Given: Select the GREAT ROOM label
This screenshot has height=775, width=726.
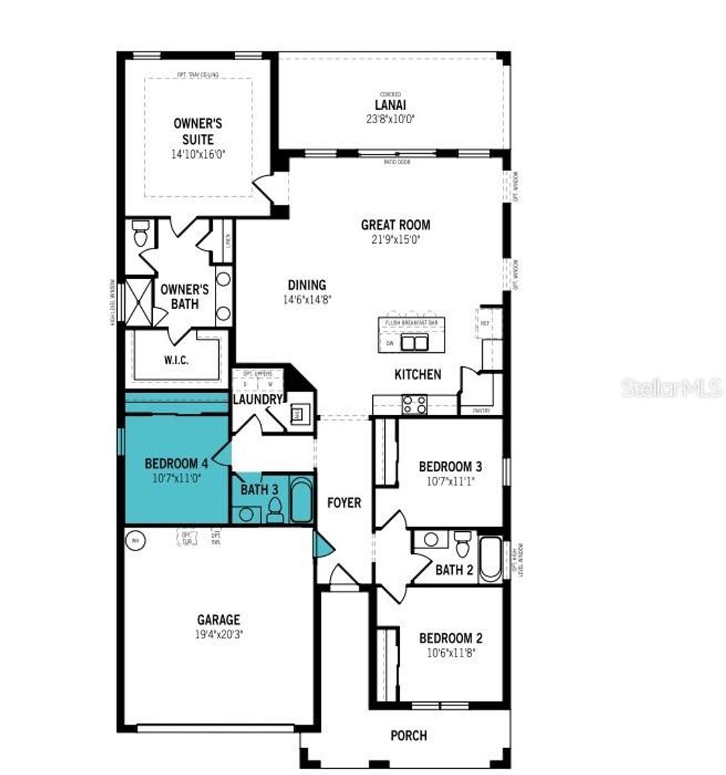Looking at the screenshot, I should [396, 225].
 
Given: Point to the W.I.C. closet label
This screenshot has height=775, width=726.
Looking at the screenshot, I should [176, 360].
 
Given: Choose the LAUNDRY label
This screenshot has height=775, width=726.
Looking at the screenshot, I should [258, 400].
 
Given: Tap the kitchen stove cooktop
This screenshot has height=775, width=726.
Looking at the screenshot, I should [415, 405].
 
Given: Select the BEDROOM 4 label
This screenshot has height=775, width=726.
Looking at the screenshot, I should [176, 463].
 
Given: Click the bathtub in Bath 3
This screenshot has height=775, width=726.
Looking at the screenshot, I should [301, 500].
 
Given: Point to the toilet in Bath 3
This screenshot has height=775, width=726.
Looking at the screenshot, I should [275, 509].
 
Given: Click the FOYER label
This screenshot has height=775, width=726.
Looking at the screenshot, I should [344, 503].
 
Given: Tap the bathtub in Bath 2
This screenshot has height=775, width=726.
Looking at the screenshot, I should [490, 560].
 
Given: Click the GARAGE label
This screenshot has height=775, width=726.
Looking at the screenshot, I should [218, 620].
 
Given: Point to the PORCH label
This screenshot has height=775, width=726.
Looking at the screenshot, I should [409, 735].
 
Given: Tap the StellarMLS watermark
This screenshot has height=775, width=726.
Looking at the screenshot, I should [671, 387].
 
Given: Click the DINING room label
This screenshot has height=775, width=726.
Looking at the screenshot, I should [306, 285].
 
